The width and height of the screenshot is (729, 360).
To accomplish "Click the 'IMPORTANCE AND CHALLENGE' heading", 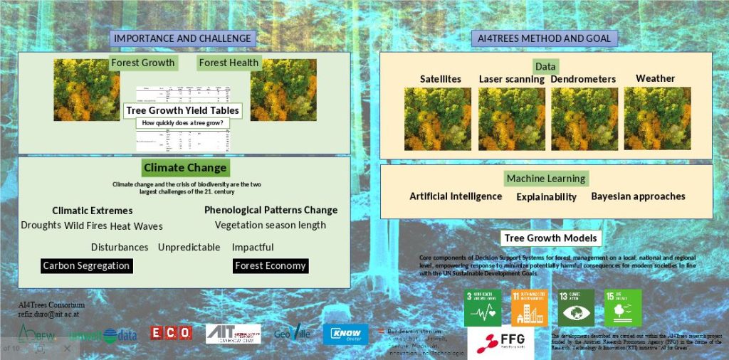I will (x=183, y=38).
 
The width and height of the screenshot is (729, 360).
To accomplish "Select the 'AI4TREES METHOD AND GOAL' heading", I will (x=545, y=38).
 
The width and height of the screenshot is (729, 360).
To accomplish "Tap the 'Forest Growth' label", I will (x=142, y=63).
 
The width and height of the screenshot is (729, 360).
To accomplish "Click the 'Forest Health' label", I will (x=229, y=63).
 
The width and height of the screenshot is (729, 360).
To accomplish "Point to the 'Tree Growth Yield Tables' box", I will (x=183, y=110).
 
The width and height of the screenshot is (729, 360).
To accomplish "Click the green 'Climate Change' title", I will (x=184, y=168).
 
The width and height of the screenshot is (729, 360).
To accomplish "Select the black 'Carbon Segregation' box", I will (x=86, y=265).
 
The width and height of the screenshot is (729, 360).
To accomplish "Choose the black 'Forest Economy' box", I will (x=270, y=265).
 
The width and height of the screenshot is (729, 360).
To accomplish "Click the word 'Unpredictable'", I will (x=189, y=247).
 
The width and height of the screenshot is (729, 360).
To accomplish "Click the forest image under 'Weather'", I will (x=657, y=118).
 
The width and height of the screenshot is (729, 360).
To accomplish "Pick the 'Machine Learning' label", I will (x=545, y=179).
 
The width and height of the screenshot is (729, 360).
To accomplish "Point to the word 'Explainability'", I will (x=547, y=196).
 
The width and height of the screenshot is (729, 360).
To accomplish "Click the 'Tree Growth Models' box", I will (x=550, y=238).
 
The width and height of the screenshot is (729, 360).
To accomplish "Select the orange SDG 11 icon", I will (x=529, y=307).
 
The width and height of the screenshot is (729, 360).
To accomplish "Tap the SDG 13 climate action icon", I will (x=576, y=307).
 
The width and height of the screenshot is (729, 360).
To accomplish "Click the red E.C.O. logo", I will (x=171, y=332).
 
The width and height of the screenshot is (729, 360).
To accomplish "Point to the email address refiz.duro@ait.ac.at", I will (x=48, y=314).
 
